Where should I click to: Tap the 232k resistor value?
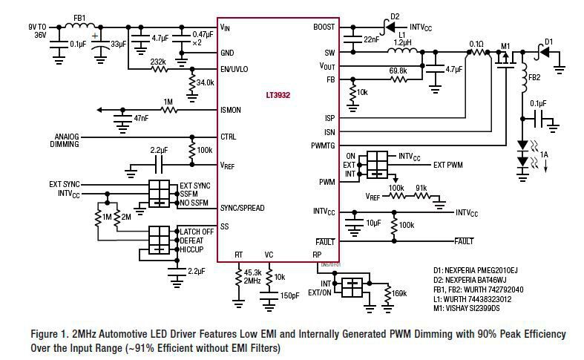tap(157, 62)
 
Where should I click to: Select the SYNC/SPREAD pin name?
tap(243, 207)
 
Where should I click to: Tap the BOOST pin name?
tap(325, 27)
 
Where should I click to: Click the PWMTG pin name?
tap(323, 145)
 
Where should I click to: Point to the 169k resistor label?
tap(398, 294)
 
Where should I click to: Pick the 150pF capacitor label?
tap(289, 296)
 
